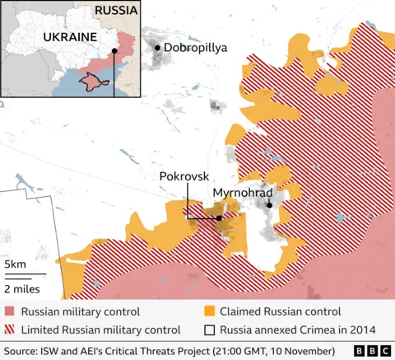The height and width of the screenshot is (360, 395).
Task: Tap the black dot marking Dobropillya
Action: [158, 49]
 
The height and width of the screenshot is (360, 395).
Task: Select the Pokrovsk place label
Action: [185, 177]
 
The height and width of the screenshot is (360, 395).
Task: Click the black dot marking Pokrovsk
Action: [219, 218]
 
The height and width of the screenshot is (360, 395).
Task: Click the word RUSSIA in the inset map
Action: [116, 11]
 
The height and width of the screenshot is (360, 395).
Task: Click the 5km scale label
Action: [15, 264]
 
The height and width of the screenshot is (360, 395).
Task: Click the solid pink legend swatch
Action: [9, 311]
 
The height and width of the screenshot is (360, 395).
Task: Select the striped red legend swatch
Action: [9, 330]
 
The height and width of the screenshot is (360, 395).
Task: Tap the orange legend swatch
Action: [209, 311]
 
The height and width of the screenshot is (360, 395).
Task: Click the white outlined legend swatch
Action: [209, 330]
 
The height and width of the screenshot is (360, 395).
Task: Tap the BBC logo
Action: [371, 349]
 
